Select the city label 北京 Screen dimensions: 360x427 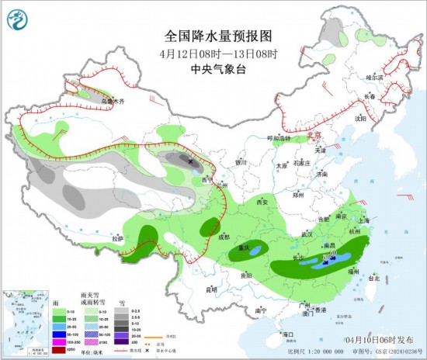tap(314, 134)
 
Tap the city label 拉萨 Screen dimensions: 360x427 tap(117, 239)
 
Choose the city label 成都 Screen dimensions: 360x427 tap(224, 237)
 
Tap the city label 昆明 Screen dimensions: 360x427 tap(211, 289)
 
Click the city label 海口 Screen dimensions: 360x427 tap(289, 334)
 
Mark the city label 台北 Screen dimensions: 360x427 tap(374, 277)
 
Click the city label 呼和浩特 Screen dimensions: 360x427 tap(278, 138)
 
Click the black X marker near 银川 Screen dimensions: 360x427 tap(191, 160)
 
